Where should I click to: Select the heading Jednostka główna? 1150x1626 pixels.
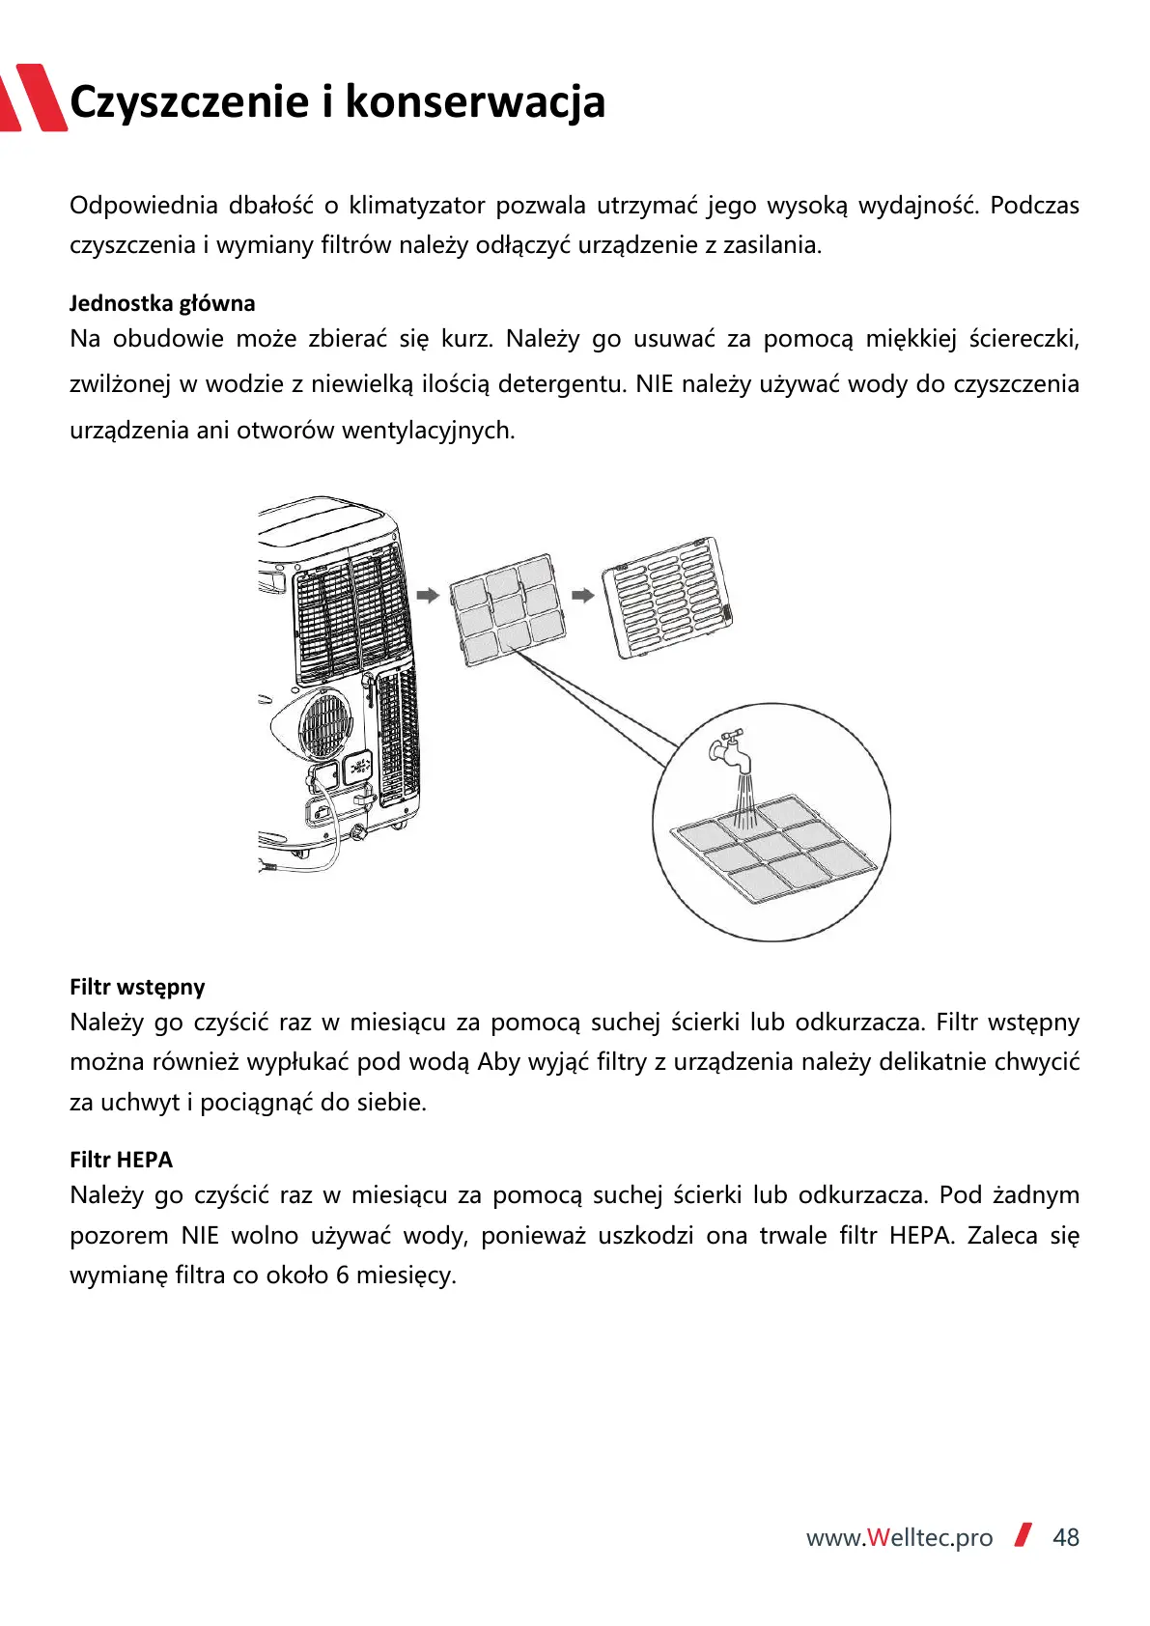pos(162,303)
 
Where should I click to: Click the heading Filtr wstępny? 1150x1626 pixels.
pos(137,987)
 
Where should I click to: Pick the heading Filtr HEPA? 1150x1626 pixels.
pos(121,1160)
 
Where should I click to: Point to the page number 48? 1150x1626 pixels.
pos(1065,1537)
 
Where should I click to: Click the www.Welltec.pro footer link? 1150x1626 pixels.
pos(899,1537)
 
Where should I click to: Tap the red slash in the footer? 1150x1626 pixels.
pos(1024,1535)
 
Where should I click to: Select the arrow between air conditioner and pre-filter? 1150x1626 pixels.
pos(428,595)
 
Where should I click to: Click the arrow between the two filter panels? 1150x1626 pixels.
pos(582,596)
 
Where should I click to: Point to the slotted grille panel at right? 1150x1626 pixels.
pos(667,597)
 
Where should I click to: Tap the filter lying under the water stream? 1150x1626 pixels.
pos(773,849)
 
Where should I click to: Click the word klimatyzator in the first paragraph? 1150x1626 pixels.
pos(416,206)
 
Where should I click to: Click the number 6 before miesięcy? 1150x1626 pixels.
pos(342,1276)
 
